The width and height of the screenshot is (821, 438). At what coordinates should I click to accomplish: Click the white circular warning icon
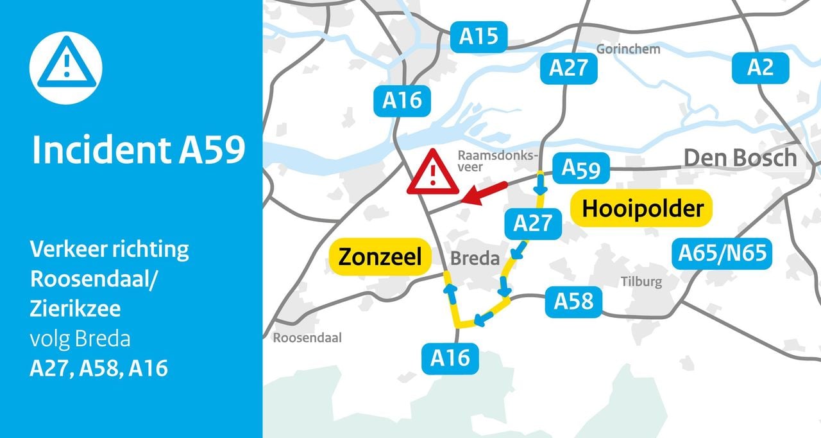point(66,69)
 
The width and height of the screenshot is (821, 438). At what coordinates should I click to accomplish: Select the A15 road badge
point(478,37)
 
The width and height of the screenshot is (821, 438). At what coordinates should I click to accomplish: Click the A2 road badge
point(761,67)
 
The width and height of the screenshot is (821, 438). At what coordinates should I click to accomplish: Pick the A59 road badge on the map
point(581,168)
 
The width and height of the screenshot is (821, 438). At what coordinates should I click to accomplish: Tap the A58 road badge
point(573,301)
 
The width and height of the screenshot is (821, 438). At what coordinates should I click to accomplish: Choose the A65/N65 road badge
point(722,253)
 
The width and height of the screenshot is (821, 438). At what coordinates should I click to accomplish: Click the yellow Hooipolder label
point(642,209)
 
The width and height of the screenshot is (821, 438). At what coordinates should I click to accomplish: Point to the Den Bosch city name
point(740,158)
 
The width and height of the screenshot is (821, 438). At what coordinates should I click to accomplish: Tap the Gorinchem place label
point(628,49)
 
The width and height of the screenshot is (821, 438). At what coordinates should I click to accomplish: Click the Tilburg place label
point(641,281)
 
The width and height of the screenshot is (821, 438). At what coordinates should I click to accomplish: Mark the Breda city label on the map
point(475,259)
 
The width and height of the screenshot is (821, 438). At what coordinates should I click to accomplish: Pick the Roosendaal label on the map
point(307,338)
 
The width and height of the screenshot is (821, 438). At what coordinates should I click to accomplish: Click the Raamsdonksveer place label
point(496,161)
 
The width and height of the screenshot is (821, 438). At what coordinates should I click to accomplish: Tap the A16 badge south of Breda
point(450,358)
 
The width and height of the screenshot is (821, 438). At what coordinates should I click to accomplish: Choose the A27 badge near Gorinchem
point(568,68)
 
